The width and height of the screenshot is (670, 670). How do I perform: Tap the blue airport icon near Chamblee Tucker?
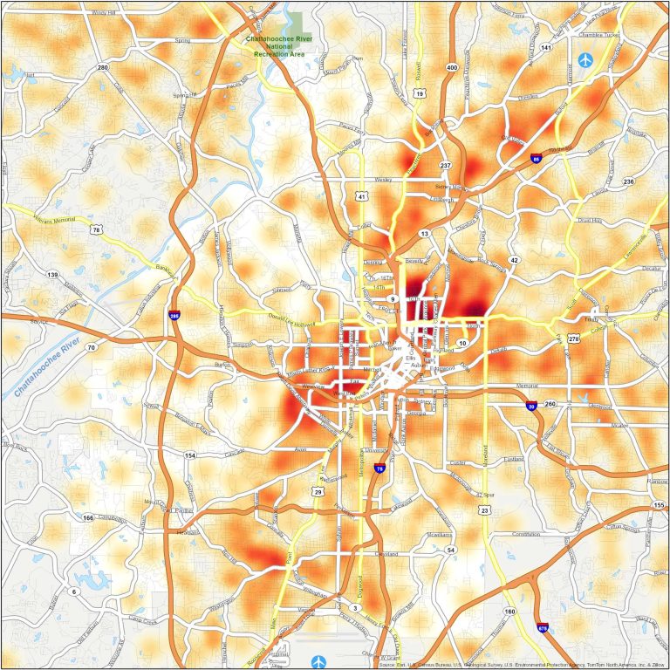(585, 60)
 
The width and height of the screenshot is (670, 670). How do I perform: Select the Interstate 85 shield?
(535, 159)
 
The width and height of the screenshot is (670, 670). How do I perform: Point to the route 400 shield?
(451, 66)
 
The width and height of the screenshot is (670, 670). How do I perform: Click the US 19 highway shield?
(420, 93)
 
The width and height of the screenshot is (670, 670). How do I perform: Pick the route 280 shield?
(102, 67)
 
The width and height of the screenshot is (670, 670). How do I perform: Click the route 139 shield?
(52, 275)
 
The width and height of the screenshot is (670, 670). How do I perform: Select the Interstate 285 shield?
(174, 315)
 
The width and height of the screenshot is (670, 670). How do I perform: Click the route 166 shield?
(88, 517)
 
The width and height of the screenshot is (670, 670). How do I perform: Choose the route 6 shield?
(73, 591)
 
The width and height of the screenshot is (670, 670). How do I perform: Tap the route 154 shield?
(190, 455)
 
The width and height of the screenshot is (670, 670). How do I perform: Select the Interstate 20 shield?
(531, 406)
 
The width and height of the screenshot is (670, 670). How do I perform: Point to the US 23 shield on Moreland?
(484, 509)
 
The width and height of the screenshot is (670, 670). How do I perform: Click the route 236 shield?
(628, 181)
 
